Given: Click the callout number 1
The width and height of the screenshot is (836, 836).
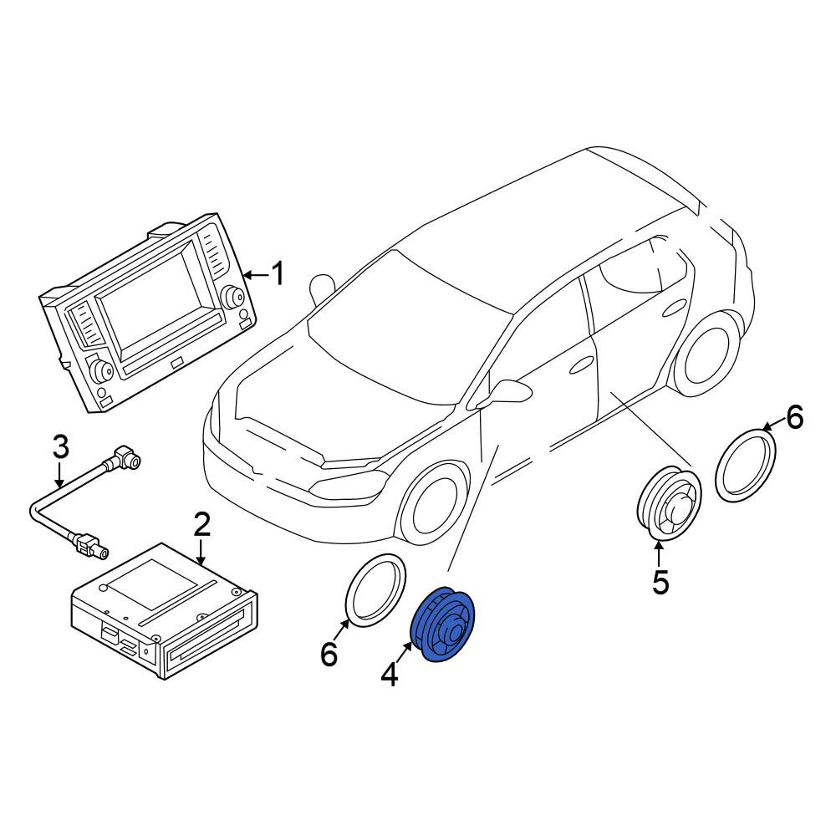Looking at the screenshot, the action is [278, 273].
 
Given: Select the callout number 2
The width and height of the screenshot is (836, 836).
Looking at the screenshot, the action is [202, 524].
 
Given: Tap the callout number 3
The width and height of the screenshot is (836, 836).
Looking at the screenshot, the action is [61, 446].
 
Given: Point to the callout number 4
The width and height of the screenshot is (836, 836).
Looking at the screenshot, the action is [390, 674].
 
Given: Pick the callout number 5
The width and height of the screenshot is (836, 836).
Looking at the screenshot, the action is [660, 582].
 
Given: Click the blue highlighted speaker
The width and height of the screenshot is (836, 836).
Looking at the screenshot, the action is [442, 624].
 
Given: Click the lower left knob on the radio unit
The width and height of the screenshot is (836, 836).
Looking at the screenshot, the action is [100, 369].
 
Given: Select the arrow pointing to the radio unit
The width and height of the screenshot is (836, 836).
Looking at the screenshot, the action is [256, 275].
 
